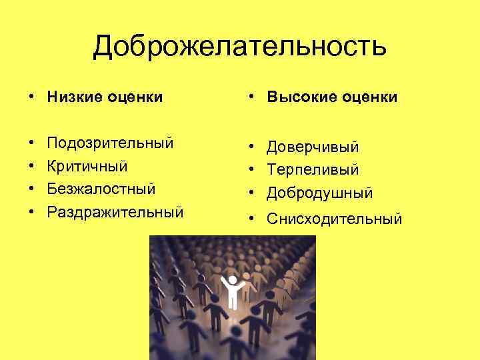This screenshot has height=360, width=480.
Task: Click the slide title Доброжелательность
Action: point(239,47)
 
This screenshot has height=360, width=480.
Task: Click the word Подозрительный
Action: point(110,143)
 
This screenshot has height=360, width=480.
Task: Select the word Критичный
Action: point(87,166)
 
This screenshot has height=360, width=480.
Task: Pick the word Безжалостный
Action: point(101,189)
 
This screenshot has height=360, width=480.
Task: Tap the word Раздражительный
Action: point(115,213)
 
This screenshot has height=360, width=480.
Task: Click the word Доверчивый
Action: point(313,147)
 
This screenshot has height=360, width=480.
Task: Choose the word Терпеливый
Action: point(313,170)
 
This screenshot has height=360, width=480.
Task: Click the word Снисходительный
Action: point(335,219)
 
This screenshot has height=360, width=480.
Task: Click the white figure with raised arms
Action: point(232,292)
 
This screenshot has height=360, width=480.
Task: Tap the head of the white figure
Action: point(232,280)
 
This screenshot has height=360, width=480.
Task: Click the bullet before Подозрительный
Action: point(32,144)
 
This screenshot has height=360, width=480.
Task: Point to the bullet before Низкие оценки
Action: point(32,98)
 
